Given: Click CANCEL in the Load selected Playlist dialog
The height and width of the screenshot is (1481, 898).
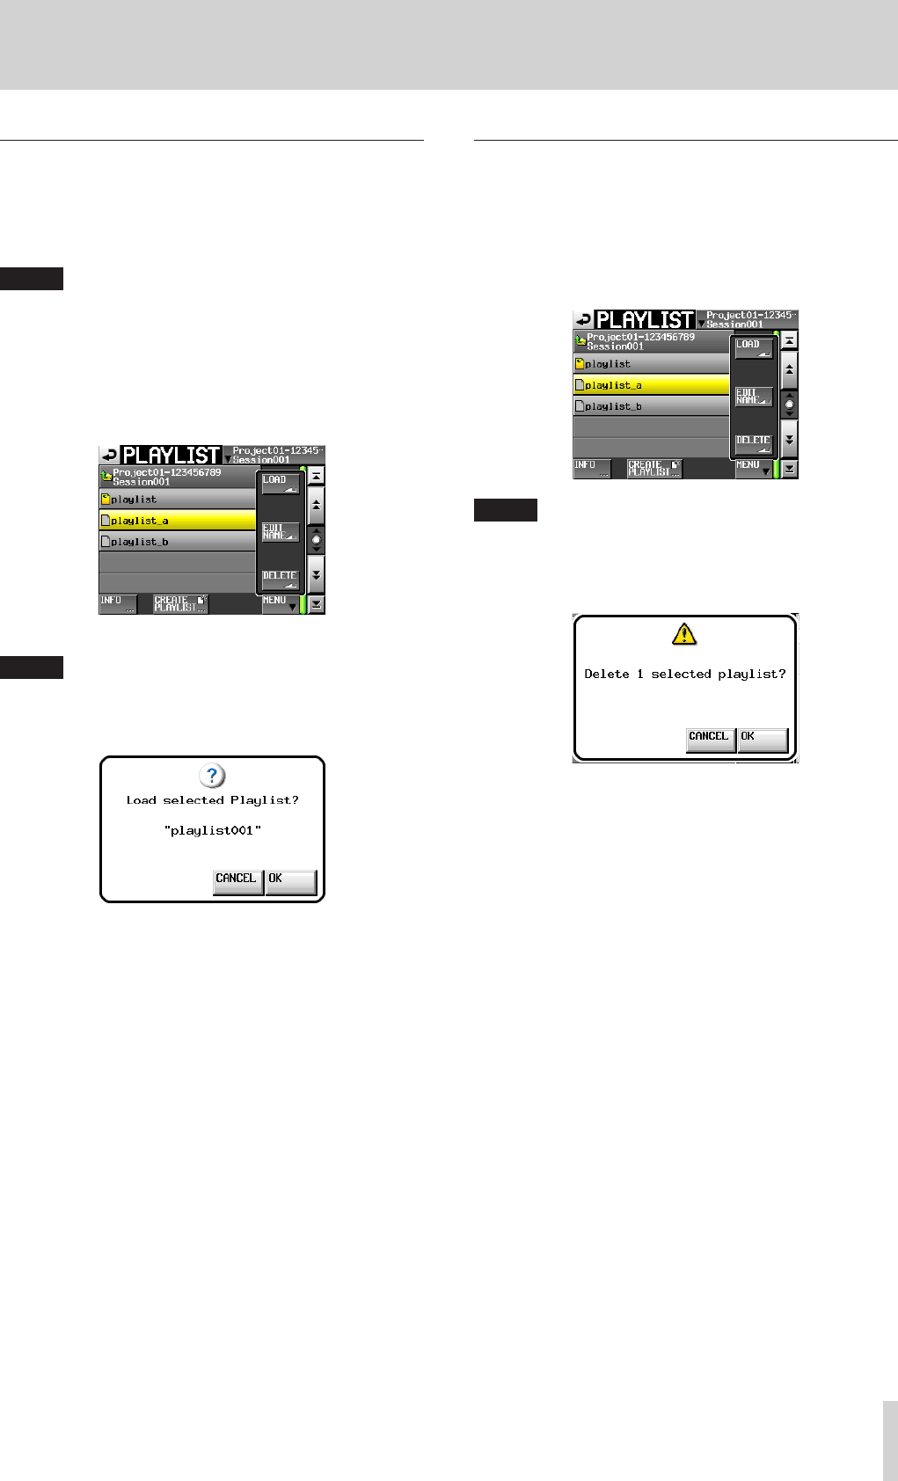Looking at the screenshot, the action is point(237,881).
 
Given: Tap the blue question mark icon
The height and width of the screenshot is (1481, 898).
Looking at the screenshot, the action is point(212,776).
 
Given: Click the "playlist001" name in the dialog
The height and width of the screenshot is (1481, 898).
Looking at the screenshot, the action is point(213,830).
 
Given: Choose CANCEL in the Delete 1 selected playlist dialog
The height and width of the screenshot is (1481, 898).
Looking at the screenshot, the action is point(709,739).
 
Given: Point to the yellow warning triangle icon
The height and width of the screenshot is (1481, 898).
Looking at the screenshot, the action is point(684,633).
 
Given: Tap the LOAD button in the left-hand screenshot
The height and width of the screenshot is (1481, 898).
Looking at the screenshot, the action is point(281,484).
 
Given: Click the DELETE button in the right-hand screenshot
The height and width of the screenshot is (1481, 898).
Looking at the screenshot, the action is point(754,443).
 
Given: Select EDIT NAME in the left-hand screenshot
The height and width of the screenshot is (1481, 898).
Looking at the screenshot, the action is point(281,532).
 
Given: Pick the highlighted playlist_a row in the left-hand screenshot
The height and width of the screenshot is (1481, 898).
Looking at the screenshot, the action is point(177,521).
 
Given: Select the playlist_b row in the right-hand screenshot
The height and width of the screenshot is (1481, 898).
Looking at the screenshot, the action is point(650,406).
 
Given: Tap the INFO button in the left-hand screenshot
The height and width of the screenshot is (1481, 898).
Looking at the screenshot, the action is point(117,603).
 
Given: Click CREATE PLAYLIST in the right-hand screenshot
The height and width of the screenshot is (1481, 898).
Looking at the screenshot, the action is point(653,468).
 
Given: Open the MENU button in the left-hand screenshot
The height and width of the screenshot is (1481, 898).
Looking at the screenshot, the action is point(280,603).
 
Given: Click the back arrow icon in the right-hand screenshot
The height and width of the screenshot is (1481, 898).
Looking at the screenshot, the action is point(583,319).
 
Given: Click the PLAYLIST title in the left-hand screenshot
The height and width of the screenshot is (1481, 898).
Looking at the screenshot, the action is point(171,456).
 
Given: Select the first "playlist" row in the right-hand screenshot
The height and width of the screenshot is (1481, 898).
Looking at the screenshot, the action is point(650,363).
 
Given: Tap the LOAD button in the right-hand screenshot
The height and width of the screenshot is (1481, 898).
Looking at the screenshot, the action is point(754,348).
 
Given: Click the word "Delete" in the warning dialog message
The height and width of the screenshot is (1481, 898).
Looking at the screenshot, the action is point(607,675).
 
